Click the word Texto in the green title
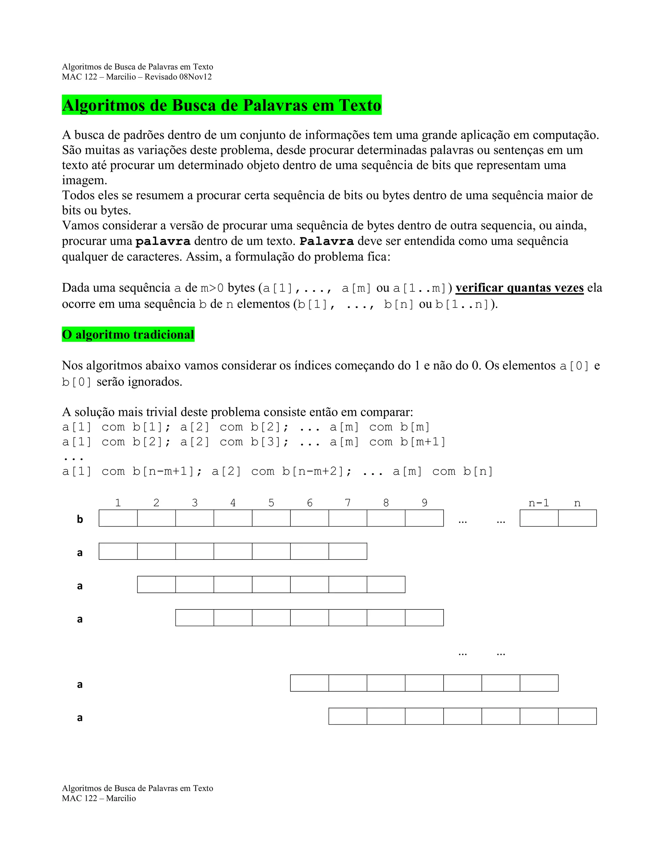coord(359,105)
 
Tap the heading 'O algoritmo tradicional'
coord(128,335)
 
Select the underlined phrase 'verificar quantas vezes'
coord(519,288)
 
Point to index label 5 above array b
coord(271,503)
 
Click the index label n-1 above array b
coord(539,503)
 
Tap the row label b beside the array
coord(80,519)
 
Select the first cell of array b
coord(118,518)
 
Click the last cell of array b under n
coord(577,518)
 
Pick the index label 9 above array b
coord(424,503)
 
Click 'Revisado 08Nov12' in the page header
coord(178,77)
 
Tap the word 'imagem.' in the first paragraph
coord(84,180)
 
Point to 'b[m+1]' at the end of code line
coord(422,442)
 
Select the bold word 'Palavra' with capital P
coord(327,241)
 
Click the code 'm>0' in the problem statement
coord(212,288)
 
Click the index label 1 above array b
coord(118,503)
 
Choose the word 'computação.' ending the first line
coord(565,135)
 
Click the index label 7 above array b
coord(348,503)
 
